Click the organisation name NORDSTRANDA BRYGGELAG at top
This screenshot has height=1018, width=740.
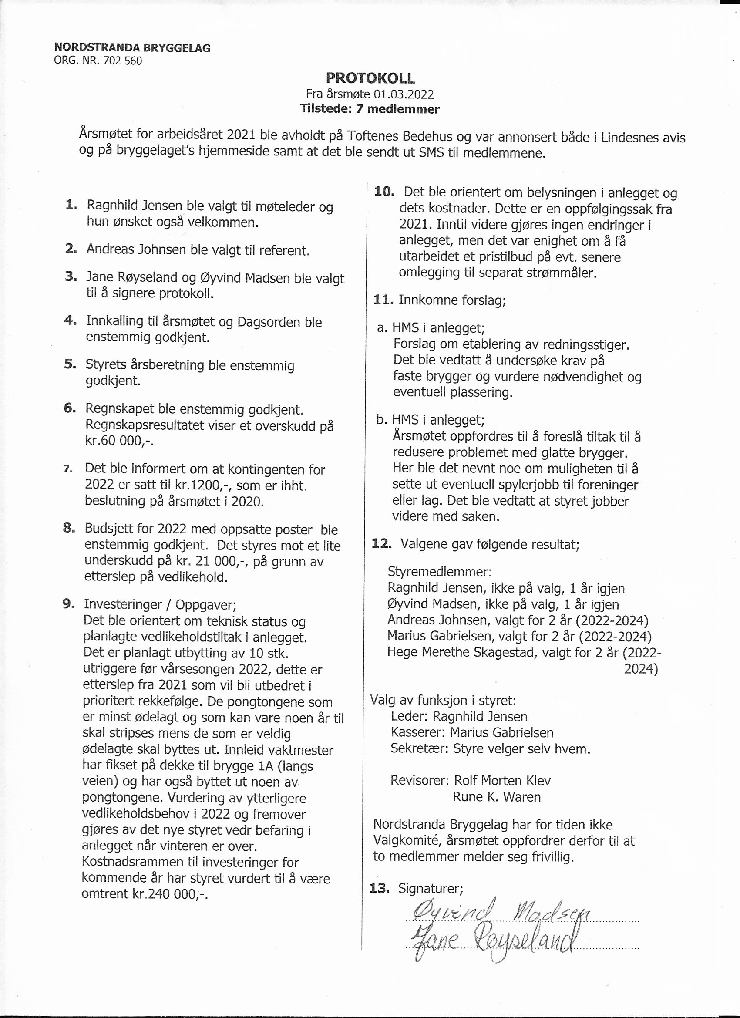[132, 47]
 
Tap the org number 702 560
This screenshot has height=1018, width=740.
[122, 61]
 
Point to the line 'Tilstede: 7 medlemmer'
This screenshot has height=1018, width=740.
[370, 108]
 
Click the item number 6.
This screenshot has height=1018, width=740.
[70, 408]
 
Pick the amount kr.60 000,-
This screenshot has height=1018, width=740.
[119, 441]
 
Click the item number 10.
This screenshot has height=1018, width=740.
[383, 192]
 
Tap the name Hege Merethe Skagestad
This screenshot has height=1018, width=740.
[462, 652]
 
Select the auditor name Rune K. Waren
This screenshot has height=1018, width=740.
[497, 797]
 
